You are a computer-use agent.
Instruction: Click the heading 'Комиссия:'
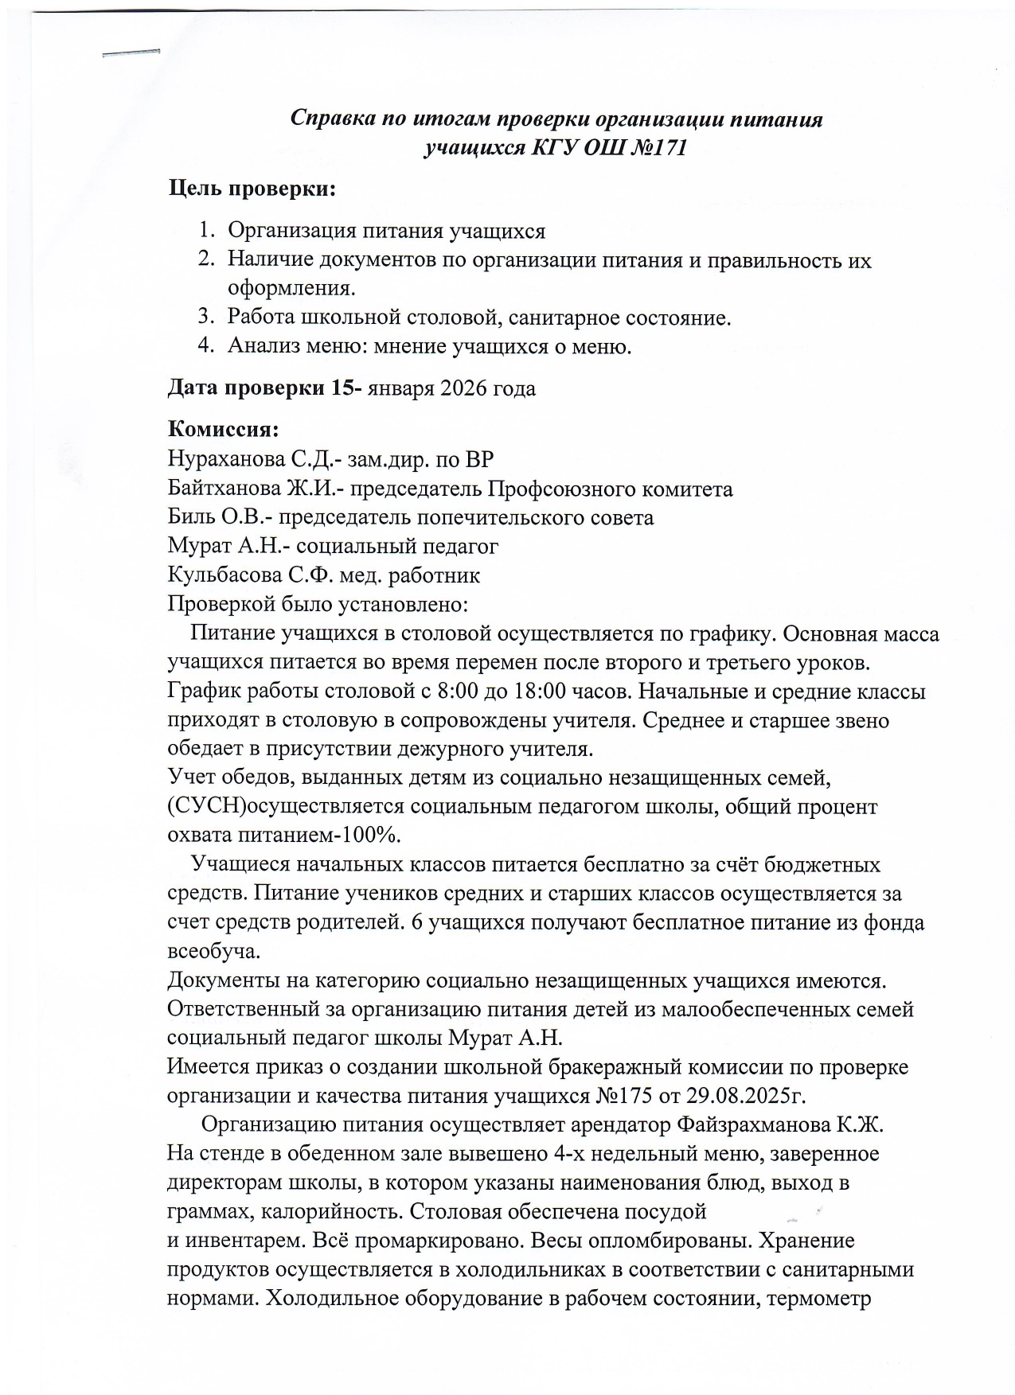[x=223, y=431]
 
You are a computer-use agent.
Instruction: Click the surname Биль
[x=189, y=518]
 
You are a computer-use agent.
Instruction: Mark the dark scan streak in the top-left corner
[x=131, y=53]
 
